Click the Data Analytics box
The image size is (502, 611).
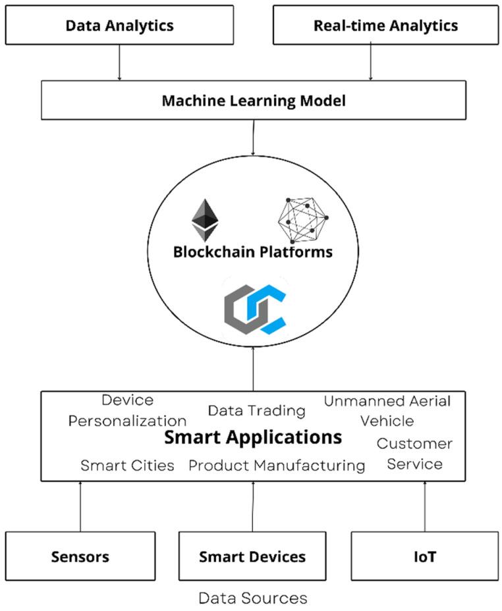119,25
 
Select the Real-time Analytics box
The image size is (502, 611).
386,25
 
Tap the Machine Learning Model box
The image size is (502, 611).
254,100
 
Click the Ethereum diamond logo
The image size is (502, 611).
205,221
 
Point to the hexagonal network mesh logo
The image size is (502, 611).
303,220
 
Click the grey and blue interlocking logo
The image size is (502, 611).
256,309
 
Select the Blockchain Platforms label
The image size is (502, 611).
252,252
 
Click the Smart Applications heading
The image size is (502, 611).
252,437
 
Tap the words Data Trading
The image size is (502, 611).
256,411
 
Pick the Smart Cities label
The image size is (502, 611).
127,465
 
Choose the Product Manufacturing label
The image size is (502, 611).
277,465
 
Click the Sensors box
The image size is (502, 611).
80,556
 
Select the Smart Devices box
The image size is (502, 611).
252,556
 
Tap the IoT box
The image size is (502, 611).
425,556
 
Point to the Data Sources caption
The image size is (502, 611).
252,598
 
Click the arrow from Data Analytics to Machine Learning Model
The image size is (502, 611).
119,63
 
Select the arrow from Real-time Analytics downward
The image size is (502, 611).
371,63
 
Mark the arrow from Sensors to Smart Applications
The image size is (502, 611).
80,506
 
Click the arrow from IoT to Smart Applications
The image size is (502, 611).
425,506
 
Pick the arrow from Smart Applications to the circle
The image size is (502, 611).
253,369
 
